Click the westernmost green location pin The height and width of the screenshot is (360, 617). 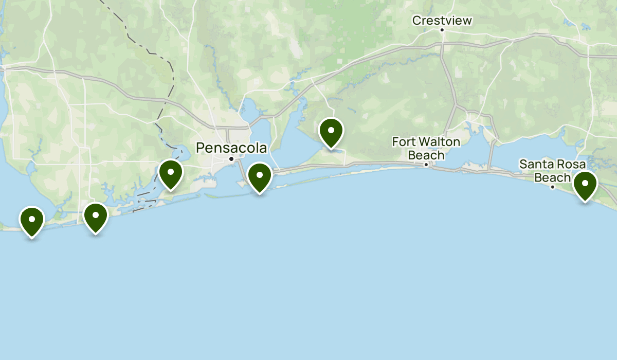(32, 220)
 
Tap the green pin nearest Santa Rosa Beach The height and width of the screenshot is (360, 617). (585, 184)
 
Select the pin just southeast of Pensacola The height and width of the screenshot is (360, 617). (260, 175)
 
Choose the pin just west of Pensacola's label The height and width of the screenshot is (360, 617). (171, 173)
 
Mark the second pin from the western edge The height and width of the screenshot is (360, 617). (95, 216)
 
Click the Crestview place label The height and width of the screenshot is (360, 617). (442, 21)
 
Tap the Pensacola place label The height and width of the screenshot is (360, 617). (231, 148)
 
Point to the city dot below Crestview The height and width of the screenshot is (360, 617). (442, 30)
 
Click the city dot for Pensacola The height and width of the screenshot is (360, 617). (231, 158)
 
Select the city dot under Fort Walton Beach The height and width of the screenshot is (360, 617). (426, 165)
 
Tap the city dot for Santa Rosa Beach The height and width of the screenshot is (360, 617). (553, 187)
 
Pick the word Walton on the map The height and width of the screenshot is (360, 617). (438, 141)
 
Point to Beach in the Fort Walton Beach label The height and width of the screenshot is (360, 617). (426, 155)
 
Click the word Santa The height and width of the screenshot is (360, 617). (534, 165)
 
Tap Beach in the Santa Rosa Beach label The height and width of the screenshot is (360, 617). (553, 177)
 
